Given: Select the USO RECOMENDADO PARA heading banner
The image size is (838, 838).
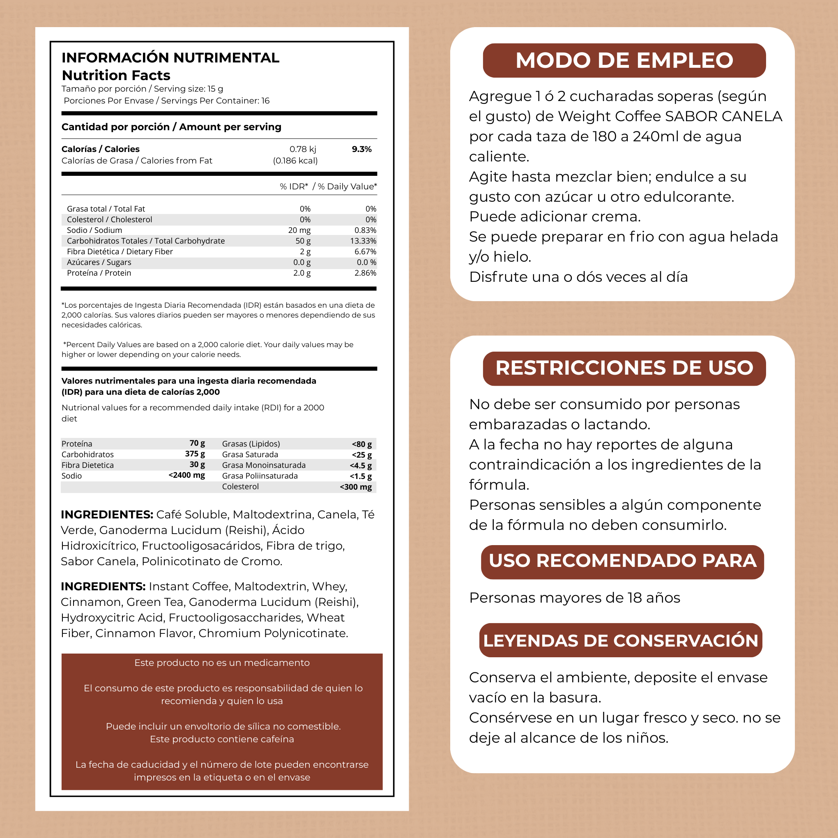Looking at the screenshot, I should [x=622, y=561].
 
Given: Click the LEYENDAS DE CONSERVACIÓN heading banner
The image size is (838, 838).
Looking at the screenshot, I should [x=620, y=641].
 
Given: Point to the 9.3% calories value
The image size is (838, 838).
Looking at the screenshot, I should [x=361, y=149].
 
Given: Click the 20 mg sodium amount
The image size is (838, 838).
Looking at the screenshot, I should [x=299, y=230].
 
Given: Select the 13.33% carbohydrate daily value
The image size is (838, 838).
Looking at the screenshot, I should [x=363, y=241].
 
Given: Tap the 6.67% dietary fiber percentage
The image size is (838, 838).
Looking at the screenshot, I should [x=365, y=251].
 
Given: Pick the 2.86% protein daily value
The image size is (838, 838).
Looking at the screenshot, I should [x=365, y=273].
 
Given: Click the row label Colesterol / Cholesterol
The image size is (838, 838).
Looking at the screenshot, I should [x=109, y=219].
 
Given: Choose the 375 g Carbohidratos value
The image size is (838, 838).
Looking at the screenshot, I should [x=195, y=454].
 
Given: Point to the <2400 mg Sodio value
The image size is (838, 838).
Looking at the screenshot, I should [x=186, y=475].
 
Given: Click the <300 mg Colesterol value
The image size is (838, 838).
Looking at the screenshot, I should [x=356, y=487].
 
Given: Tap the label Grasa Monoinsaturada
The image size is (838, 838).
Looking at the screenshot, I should [x=264, y=465].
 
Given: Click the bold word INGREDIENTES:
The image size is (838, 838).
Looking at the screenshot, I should [x=107, y=514].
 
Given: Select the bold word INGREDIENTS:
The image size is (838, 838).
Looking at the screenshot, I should [x=103, y=587].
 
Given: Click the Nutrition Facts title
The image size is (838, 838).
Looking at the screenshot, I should [x=116, y=76].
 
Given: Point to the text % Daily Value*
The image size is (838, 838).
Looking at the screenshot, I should [x=347, y=186].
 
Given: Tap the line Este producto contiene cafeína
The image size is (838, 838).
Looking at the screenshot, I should [x=222, y=739].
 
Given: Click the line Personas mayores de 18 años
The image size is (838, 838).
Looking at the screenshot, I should [x=574, y=598].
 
